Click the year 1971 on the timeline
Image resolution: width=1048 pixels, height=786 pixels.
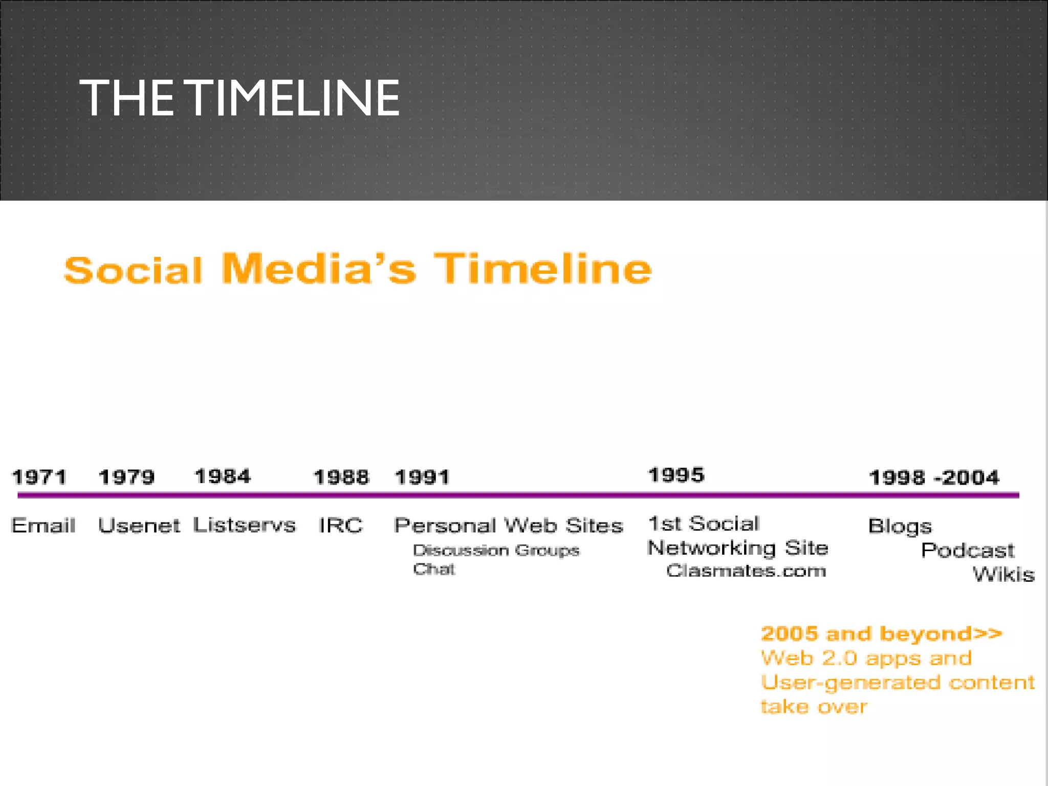pyautogui.click(x=39, y=477)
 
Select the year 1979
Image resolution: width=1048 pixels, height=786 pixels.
pyautogui.click(x=126, y=477)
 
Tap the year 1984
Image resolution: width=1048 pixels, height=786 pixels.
pyautogui.click(x=223, y=476)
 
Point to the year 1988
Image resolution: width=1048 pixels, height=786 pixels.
pyautogui.click(x=341, y=477)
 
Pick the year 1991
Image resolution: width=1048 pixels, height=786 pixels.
pyautogui.click(x=422, y=477)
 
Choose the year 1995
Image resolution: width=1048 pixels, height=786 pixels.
pyautogui.click(x=676, y=475)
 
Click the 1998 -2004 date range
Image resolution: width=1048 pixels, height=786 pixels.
pyautogui.click(x=934, y=477)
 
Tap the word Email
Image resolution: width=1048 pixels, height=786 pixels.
pyautogui.click(x=43, y=525)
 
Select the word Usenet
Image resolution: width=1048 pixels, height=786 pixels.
pyautogui.click(x=139, y=526)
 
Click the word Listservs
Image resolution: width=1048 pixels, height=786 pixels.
pyautogui.click(x=245, y=525)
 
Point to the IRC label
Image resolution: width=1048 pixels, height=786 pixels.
pyautogui.click(x=341, y=525)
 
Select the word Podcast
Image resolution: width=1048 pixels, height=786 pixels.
pyautogui.click(x=967, y=551)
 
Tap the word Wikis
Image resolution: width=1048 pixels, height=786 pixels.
pyautogui.click(x=1003, y=574)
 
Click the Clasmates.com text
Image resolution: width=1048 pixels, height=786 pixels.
pyautogui.click(x=746, y=571)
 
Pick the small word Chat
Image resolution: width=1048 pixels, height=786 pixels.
pyautogui.click(x=434, y=569)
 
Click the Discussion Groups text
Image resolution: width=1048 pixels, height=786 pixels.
pyautogui.click(x=496, y=550)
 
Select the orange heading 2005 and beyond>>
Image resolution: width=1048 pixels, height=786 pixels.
pyautogui.click(x=881, y=634)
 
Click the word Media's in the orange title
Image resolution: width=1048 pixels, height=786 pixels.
pyautogui.click(x=319, y=269)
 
